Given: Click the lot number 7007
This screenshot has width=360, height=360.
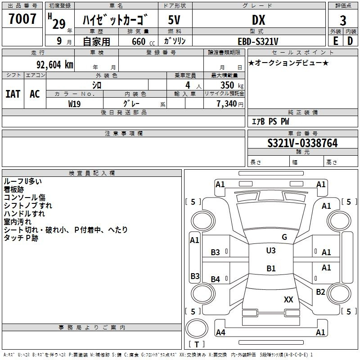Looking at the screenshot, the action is point(22,19).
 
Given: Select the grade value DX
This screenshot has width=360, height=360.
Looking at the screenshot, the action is point(258,20).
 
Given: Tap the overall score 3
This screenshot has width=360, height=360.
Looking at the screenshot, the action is point(343,21).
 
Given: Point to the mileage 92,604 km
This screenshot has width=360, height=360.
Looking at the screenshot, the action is point(54,65).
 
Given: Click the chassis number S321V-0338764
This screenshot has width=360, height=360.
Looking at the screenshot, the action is point(302,143).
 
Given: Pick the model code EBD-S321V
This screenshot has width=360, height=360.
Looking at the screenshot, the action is point(258,41).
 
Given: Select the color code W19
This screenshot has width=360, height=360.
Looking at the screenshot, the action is point(74,104).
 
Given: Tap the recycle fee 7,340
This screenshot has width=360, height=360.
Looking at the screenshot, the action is point(227,104).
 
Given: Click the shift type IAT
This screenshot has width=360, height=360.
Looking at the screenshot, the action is point(13,94).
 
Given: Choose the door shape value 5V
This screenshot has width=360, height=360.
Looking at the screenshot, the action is point(174,20).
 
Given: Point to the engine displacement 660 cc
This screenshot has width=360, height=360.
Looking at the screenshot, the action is point(143,42).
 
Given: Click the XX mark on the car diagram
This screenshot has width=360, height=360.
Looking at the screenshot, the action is point(288,299).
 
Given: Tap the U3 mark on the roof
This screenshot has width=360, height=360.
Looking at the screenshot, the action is point(271,250).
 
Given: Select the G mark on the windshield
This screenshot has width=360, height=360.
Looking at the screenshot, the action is point(284,237).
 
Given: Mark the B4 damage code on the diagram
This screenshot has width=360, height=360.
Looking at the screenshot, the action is point(215,279).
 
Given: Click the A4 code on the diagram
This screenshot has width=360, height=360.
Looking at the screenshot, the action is point(220,332).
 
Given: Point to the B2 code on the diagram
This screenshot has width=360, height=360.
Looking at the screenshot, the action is point(320,292).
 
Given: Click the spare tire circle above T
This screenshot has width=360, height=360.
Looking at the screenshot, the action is point(197,328).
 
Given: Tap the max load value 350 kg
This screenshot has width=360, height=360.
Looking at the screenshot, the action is point(232,85).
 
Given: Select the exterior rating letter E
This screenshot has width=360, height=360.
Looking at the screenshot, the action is point(335,41).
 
